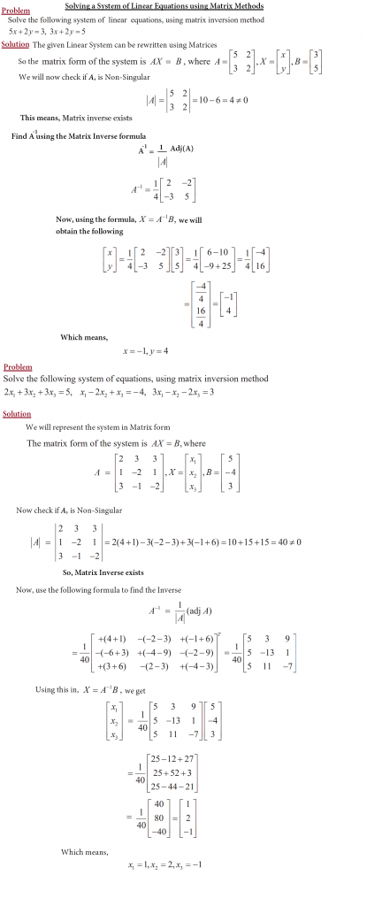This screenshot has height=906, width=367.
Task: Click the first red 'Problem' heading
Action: tap(16, 11)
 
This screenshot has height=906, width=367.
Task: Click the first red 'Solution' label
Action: tap(17, 44)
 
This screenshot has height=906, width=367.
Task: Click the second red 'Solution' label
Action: tap(17, 413)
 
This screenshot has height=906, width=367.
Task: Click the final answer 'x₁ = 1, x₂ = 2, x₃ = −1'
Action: tap(164, 864)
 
